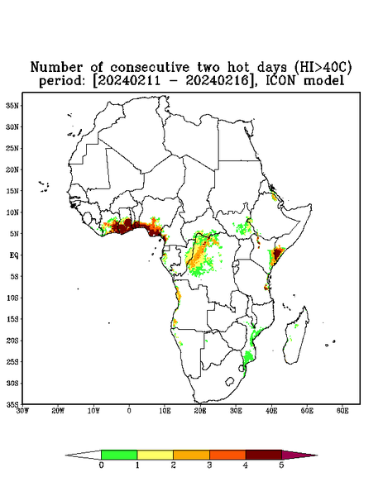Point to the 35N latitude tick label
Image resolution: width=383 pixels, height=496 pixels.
tap(12, 105)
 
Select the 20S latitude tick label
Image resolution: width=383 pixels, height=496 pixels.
tap(12, 341)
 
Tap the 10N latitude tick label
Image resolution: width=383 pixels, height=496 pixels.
tap(12, 212)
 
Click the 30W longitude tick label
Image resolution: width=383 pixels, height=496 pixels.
tap(22, 411)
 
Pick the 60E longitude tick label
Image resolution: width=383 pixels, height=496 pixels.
tap(342, 411)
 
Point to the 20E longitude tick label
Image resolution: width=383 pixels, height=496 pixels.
tap(200, 411)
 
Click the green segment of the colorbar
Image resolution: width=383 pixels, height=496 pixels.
tap(119, 455)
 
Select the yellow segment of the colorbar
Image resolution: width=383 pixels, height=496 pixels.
tap(155, 455)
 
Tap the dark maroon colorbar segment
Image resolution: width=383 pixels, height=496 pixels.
tap(264, 455)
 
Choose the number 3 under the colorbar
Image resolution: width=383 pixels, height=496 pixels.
tap(209, 465)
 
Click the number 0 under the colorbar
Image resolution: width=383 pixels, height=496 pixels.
tap(101, 465)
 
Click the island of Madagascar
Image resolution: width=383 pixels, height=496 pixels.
tap(296, 337)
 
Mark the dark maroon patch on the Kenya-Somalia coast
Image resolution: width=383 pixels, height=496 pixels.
tap(278, 254)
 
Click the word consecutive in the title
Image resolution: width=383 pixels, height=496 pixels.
tap(150, 68)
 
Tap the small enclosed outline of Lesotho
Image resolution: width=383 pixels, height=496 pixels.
tap(229, 381)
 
